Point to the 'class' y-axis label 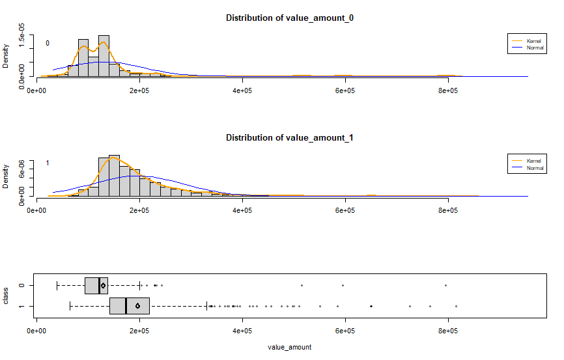[6, 296]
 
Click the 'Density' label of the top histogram [6, 56]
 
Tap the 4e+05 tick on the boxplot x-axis [242, 331]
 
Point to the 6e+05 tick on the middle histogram [345, 211]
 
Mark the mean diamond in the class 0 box [103, 286]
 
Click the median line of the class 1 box [126, 306]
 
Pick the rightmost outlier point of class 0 [445, 286]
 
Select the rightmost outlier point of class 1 [456, 306]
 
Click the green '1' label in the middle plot [48, 163]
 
